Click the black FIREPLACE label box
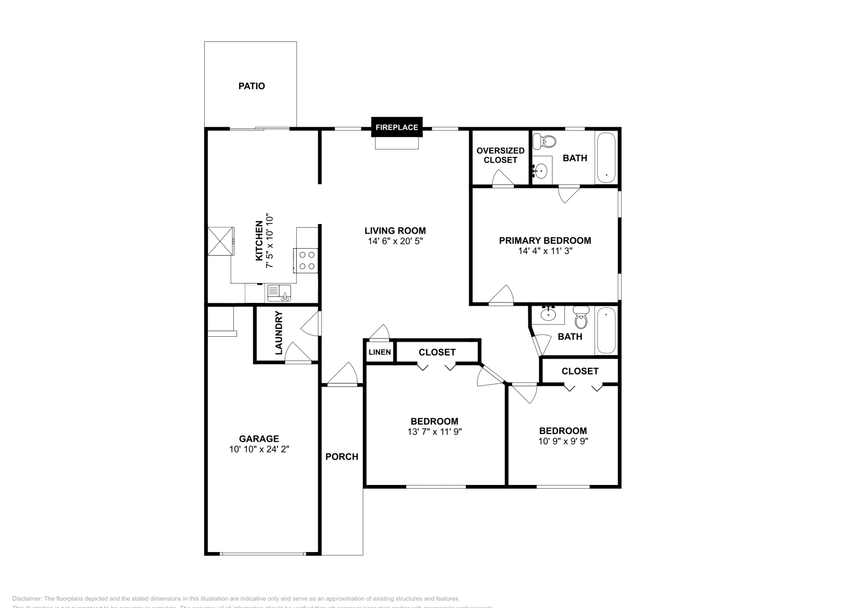(397, 127)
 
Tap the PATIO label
(252, 86)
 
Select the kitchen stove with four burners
(306, 260)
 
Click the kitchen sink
(278, 293)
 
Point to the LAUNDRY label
(278, 333)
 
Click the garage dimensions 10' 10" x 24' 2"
(259, 449)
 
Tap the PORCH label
(341, 457)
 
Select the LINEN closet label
(379, 352)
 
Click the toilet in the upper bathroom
(545, 142)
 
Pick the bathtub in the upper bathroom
(606, 157)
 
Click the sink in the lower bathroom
(548, 314)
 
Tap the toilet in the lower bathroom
(580, 318)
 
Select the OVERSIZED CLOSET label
(500, 155)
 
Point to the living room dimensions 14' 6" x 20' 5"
(396, 241)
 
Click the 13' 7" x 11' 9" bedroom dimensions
(435, 431)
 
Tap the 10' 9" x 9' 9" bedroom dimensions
(563, 441)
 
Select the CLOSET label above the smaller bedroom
(579, 371)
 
